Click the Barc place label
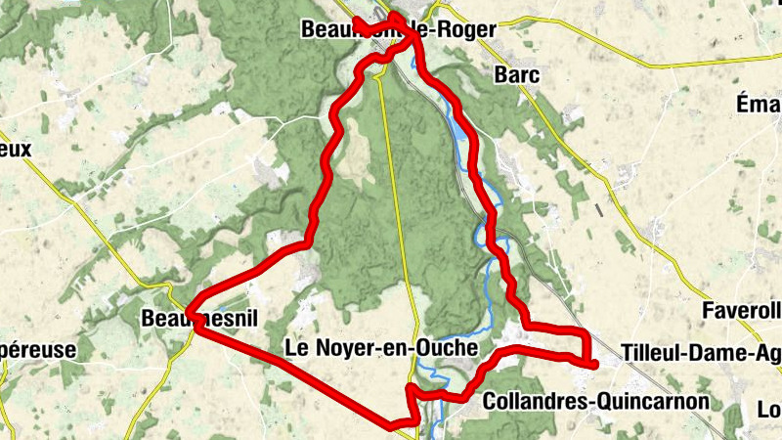(518, 74)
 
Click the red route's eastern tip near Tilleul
(594, 365)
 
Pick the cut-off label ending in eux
(17, 150)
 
